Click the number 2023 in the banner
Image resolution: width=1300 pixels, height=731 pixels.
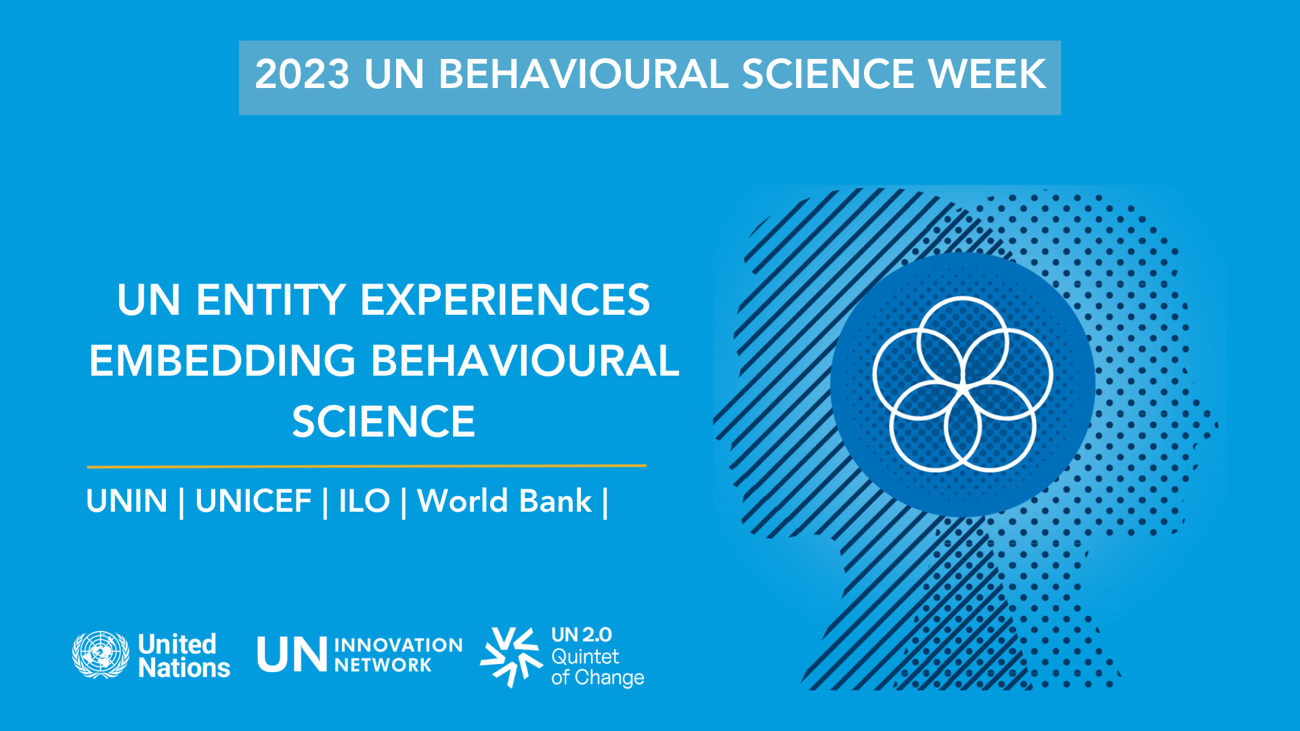pyautogui.click(x=302, y=74)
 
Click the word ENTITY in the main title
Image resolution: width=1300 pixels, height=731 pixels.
pyautogui.click(x=271, y=300)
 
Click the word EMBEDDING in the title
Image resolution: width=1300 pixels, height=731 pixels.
pyautogui.click(x=222, y=361)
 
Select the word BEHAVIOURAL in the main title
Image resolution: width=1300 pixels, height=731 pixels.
pyautogui.click(x=525, y=361)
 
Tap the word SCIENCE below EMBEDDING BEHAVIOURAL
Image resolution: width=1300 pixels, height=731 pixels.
pyautogui.click(x=383, y=422)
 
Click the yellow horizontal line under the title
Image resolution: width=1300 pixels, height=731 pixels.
pyautogui.click(x=366, y=466)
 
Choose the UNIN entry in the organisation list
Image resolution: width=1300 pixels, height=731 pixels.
pyautogui.click(x=127, y=502)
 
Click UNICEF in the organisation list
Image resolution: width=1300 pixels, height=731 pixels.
pyautogui.click(x=253, y=502)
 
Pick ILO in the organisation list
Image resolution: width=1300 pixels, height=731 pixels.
pyautogui.click(x=364, y=502)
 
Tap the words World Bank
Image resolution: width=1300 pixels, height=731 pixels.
pyautogui.click(x=504, y=502)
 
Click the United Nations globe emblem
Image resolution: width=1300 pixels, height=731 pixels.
pyautogui.click(x=101, y=655)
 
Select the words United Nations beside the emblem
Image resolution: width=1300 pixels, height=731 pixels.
pyautogui.click(x=183, y=656)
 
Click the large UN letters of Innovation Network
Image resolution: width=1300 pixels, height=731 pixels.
pyautogui.click(x=292, y=655)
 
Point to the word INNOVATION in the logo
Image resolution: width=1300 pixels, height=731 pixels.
pyautogui.click(x=398, y=645)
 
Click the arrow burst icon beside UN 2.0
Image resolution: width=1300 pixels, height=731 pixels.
pyautogui.click(x=512, y=656)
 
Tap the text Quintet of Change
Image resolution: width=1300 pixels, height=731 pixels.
pyautogui.click(x=596, y=667)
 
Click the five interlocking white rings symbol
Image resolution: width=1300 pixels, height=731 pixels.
pyautogui.click(x=962, y=384)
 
